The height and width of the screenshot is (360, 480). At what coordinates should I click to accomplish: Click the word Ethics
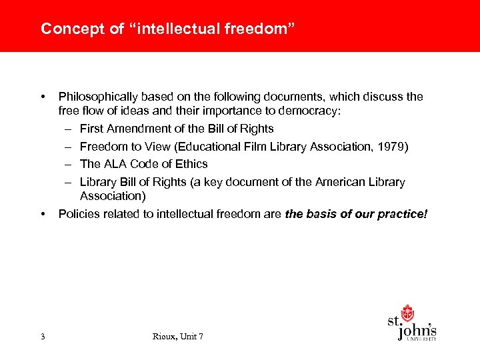click(191, 164)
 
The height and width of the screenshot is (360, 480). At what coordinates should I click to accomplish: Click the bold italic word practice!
click(404, 214)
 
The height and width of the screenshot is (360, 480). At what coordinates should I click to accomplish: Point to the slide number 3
click(43, 337)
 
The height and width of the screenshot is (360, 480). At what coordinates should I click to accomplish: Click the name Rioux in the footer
click(165, 337)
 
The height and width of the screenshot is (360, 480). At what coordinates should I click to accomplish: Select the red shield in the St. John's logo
click(407, 313)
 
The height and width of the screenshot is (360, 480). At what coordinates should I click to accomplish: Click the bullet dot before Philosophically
click(43, 97)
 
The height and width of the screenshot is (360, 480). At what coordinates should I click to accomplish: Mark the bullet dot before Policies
click(43, 214)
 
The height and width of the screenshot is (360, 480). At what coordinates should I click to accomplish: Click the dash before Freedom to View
click(69, 146)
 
